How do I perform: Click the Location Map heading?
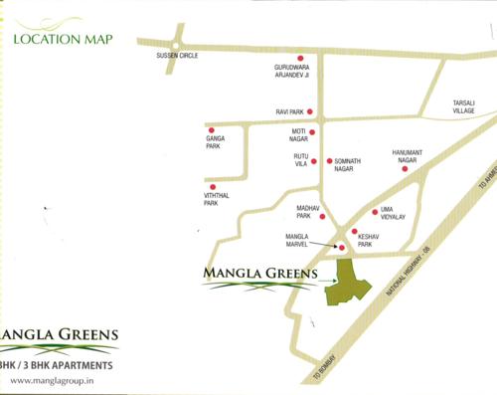tap(63, 40)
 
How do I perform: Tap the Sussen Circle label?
tap(178, 56)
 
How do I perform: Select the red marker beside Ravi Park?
tap(310, 111)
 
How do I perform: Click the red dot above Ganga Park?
tap(211, 129)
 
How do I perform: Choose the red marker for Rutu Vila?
tap(314, 160)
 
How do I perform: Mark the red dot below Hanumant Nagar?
tap(405, 169)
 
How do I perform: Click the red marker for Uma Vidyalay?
tap(375, 212)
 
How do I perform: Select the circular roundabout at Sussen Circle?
tap(175, 43)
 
